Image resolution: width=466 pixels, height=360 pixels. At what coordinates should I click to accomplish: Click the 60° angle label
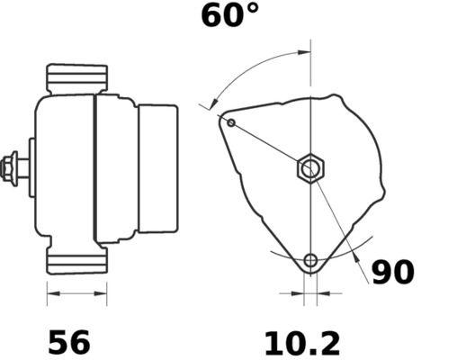pyautogui.click(x=229, y=16)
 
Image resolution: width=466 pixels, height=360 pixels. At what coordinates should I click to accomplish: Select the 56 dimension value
pyautogui.click(x=68, y=342)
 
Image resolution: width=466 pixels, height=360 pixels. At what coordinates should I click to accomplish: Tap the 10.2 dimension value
pyautogui.click(x=302, y=342)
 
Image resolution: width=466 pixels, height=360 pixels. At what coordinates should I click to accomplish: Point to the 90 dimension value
pyautogui.click(x=395, y=273)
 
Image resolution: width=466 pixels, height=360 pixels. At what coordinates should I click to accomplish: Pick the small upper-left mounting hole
pyautogui.click(x=231, y=122)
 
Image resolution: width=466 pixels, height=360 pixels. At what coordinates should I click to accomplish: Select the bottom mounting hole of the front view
pyautogui.click(x=310, y=261)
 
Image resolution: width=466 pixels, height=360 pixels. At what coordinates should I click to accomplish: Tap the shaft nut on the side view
pyautogui.click(x=13, y=167)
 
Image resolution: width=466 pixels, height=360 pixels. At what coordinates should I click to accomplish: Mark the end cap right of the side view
pyautogui.click(x=157, y=167)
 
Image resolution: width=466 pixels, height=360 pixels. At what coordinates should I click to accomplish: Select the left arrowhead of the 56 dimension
pyautogui.click(x=51, y=292)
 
